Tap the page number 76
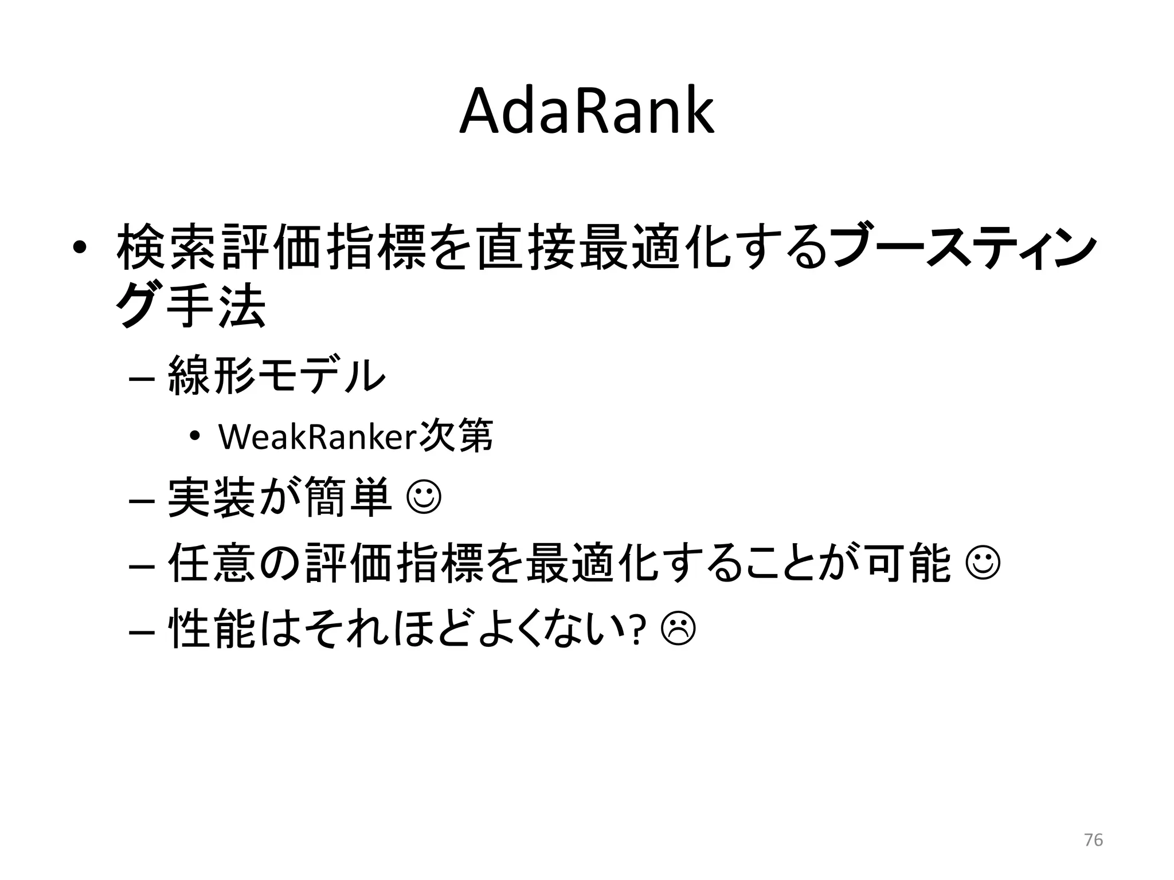pyautogui.click(x=1093, y=840)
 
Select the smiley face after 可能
pyautogui.click(x=983, y=564)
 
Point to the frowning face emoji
pyautogui.click(x=678, y=628)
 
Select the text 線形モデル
pyautogui.click(x=277, y=375)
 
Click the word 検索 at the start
pyautogui.click(x=167, y=247)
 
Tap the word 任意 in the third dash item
pyautogui.click(x=212, y=564)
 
